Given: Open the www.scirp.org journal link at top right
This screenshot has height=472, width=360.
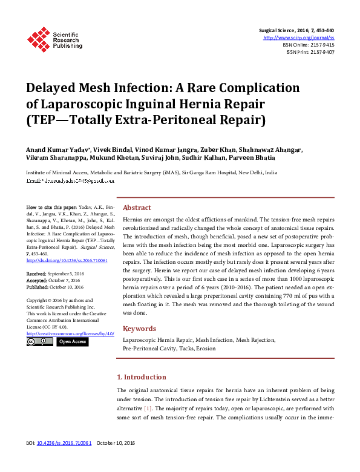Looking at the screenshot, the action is (299, 38).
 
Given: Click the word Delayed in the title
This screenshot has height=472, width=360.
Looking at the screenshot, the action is (53, 88).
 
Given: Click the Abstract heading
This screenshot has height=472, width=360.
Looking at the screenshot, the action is (137, 206).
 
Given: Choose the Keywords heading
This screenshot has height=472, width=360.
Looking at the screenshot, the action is (140, 329).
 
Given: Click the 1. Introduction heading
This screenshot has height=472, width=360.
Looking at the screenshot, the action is (142, 377).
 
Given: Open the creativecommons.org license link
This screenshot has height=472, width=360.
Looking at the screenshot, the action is (70, 333).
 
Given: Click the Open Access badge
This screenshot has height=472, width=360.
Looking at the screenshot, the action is (73, 342).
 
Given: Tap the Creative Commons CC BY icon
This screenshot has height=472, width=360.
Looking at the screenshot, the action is (40, 342).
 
